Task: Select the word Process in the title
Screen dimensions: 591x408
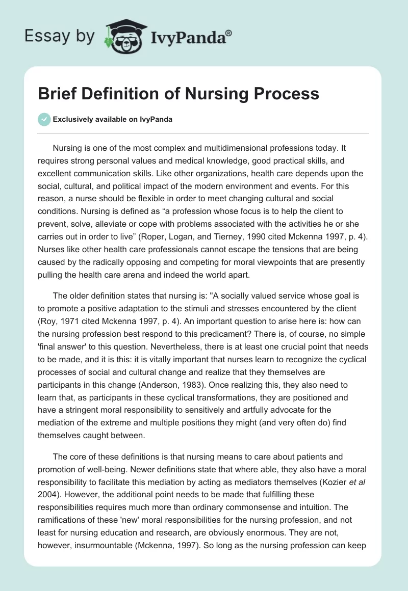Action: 289,94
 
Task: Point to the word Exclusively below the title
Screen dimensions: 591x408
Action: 73,119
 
